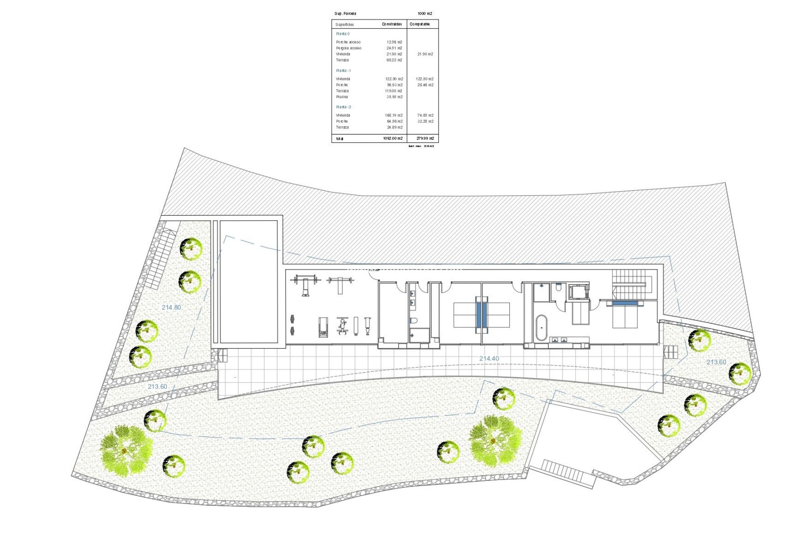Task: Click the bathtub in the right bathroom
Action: [x=541, y=327]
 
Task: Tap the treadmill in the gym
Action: [x=323, y=327]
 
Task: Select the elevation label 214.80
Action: [x=171, y=307]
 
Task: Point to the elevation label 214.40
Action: [x=489, y=359]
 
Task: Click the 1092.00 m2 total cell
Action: [x=393, y=139]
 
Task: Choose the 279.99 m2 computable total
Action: [x=425, y=139]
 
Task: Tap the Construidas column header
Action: [x=392, y=24]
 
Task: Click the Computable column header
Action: [x=420, y=24]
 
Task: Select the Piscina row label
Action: [x=342, y=97]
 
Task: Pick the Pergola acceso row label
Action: [x=348, y=48]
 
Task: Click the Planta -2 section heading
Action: [x=343, y=107]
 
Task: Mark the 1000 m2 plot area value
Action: [x=425, y=14]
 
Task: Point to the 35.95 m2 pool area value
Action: [x=394, y=97]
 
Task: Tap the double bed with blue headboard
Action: [x=625, y=314]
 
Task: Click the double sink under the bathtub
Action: [x=559, y=340]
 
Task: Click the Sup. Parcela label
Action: [x=345, y=14]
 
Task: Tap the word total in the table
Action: [x=340, y=139]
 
